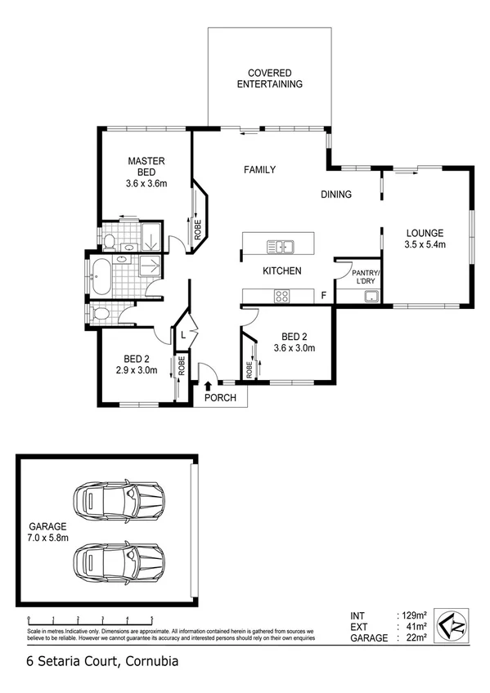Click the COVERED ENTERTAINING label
[269, 78]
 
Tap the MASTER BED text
[146, 166]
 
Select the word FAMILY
[259, 170]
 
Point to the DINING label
[335, 194]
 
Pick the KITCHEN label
[281, 270]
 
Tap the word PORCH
[221, 398]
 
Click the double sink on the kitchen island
[280, 245]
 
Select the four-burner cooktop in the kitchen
[281, 297]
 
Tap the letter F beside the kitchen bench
[324, 295]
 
